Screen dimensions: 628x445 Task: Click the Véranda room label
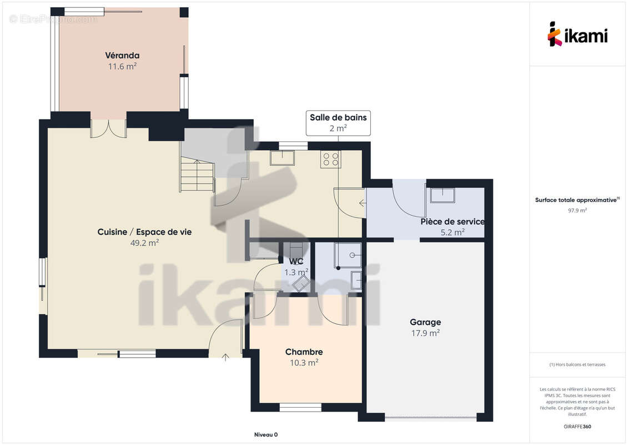(122, 56)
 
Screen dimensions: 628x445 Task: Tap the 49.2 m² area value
(144, 243)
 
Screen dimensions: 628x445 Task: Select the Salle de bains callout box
(338, 123)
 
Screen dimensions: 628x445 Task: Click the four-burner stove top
(331, 159)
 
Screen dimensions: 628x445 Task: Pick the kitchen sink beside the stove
(283, 157)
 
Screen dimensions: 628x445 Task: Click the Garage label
(425, 322)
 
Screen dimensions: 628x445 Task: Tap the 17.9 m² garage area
(425, 333)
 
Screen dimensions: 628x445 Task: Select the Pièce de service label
(453, 221)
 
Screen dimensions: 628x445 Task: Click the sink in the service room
(443, 195)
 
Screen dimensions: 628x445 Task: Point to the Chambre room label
(304, 352)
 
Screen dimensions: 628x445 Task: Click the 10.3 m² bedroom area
(304, 363)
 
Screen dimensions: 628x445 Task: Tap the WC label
(296, 261)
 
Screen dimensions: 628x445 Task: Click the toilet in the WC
(300, 285)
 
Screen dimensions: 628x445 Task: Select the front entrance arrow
(225, 357)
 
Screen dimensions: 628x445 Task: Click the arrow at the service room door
(363, 204)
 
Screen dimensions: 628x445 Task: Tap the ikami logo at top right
(577, 34)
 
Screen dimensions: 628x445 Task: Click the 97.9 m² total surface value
(577, 210)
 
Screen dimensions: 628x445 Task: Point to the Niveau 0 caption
(266, 434)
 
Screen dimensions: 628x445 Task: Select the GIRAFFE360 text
(577, 427)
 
